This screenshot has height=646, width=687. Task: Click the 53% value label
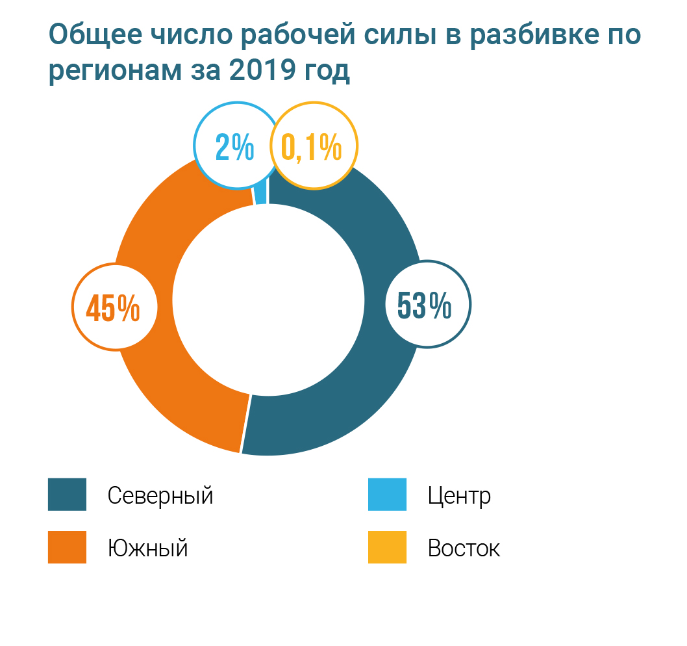(x=425, y=305)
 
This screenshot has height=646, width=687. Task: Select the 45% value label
(x=113, y=307)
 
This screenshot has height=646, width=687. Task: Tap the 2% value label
(x=234, y=148)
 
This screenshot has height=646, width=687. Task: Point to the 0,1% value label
(x=312, y=148)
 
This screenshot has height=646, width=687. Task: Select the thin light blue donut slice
(x=260, y=195)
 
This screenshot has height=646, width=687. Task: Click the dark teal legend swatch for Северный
(x=67, y=495)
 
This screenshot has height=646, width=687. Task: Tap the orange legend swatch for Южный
(x=67, y=547)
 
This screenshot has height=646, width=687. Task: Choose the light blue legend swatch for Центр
(x=387, y=495)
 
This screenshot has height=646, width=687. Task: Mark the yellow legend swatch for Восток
(x=387, y=547)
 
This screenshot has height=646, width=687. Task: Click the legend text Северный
(x=160, y=496)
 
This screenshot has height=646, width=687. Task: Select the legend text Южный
(x=148, y=549)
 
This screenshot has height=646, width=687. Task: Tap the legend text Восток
(x=464, y=549)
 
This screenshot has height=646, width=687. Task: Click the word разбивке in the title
(x=526, y=36)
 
